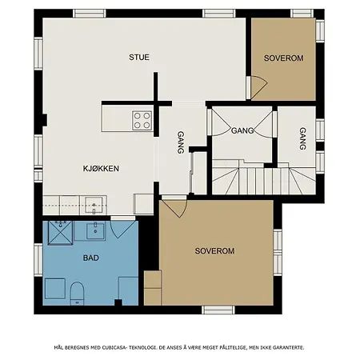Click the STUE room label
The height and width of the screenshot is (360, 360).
coord(139,57)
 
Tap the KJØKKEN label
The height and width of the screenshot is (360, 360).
coord(101,169)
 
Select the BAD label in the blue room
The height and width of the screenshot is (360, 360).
coord(91,258)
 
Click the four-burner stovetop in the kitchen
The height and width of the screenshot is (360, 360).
coord(142,121)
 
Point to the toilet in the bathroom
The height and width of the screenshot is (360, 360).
coord(77,294)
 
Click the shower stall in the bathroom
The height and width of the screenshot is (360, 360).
coord(60,233)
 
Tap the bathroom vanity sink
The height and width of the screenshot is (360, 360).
coord(95,231)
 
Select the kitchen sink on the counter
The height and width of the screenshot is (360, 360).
coord(94,205)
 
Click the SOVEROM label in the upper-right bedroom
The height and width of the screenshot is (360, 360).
coord(284,58)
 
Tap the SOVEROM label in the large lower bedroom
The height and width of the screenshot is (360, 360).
coord(214,251)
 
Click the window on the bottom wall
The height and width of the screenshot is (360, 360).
coord(218,310)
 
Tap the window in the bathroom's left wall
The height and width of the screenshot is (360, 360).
coord(38,259)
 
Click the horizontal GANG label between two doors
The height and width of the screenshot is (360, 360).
coord(242,130)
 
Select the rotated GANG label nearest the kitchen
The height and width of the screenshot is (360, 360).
coord(181,142)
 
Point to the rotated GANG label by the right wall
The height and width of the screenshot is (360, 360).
coord(302,138)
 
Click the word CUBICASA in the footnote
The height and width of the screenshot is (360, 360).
coord(114,348)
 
